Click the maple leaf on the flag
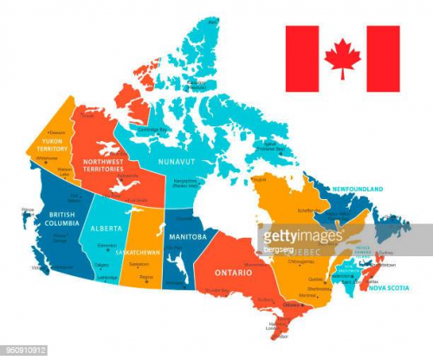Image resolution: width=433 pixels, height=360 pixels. click(x=342, y=58)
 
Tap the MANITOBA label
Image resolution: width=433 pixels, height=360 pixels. click(x=187, y=236)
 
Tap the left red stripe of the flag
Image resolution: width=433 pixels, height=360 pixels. click(x=302, y=58)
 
